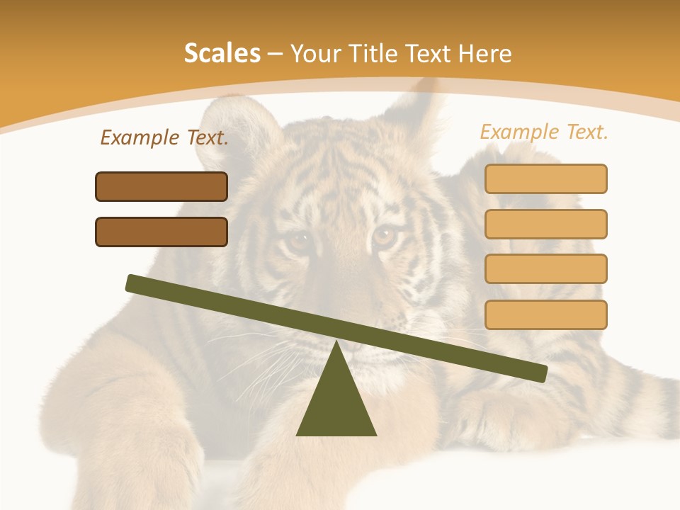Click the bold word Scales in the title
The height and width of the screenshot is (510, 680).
tap(222, 53)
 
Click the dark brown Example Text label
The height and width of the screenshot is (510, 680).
tap(164, 137)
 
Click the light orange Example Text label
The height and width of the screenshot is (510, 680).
tap(544, 132)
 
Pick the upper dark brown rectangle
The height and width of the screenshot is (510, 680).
tap(161, 186)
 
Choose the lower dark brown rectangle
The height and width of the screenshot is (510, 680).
tap(161, 232)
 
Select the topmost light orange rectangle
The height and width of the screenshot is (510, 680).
tap(546, 178)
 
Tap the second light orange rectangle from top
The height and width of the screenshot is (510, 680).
tap(546, 224)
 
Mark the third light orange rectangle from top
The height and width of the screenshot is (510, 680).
tap(546, 268)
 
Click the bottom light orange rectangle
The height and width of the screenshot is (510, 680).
tap(546, 314)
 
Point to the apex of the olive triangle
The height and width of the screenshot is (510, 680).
tap(336, 343)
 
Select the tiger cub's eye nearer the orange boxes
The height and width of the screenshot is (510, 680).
tap(384, 236)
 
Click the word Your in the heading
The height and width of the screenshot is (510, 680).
tap(314, 53)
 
